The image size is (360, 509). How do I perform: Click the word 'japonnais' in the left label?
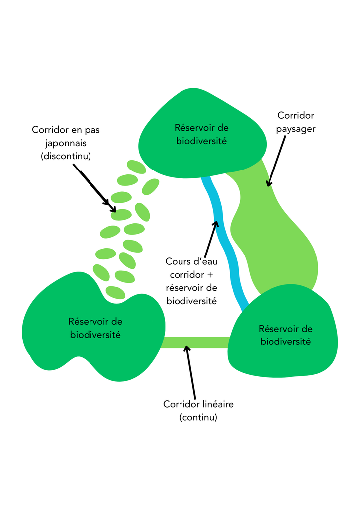click(x=66, y=143)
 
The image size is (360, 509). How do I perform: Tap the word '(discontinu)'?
click(x=66, y=156)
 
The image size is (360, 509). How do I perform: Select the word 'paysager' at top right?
click(x=296, y=129)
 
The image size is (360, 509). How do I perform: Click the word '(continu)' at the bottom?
click(x=198, y=417)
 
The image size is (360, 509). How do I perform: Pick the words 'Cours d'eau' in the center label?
click(x=191, y=261)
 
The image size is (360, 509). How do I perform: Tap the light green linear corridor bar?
click(x=196, y=342)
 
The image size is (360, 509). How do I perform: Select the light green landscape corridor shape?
click(x=278, y=234)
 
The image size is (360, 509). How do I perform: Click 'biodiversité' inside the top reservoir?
click(x=201, y=141)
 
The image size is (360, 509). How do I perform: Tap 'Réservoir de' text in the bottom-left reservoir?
click(x=95, y=321)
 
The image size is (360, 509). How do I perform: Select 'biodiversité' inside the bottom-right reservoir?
click(x=285, y=341)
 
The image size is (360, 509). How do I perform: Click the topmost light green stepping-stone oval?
click(x=136, y=167)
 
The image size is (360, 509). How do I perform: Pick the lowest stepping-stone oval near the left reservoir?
click(x=115, y=292)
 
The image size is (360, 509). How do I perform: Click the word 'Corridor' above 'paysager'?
click(x=296, y=116)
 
